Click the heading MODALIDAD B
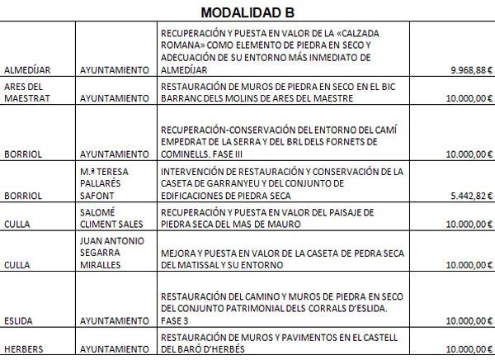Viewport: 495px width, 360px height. pos(247,12)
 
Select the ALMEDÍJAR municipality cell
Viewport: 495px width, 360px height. pos(29,70)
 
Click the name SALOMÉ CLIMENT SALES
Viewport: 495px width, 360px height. pos(115,217)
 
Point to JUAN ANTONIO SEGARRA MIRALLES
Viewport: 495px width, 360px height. pos(115,253)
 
